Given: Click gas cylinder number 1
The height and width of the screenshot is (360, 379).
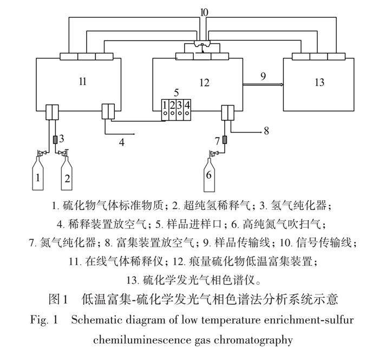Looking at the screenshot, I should click(38, 174).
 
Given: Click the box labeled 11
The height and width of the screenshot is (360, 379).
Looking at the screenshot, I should click(81, 82).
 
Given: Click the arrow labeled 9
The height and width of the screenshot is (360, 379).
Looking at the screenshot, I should click(263, 84).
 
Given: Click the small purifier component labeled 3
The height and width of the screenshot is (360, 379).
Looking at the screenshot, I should click(56, 140).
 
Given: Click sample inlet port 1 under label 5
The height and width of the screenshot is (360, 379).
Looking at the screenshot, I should click(164, 109).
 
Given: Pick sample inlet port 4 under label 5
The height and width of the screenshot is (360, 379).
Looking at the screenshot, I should click(187, 109).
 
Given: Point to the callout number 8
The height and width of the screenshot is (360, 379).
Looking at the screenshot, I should click(266, 130).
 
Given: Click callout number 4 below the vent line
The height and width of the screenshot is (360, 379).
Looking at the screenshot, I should click(122, 142).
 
